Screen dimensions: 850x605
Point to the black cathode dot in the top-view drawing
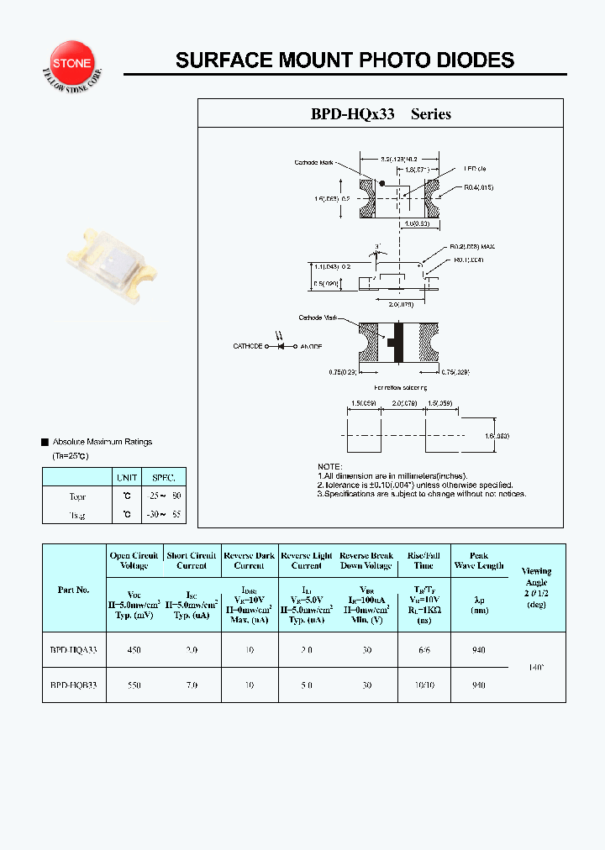[x=383, y=182]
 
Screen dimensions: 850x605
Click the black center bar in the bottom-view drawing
[x=398, y=344]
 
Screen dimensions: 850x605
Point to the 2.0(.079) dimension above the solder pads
[x=404, y=403]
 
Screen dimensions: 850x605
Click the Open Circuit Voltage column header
[x=134, y=560]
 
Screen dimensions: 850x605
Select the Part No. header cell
[x=74, y=589]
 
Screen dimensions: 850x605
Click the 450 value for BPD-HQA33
[x=134, y=650]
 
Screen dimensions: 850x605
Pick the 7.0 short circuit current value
[x=192, y=685]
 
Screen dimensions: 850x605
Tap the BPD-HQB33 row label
[x=74, y=685]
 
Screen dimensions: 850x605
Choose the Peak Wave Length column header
[x=479, y=560]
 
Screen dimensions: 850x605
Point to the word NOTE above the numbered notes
[x=329, y=466]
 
